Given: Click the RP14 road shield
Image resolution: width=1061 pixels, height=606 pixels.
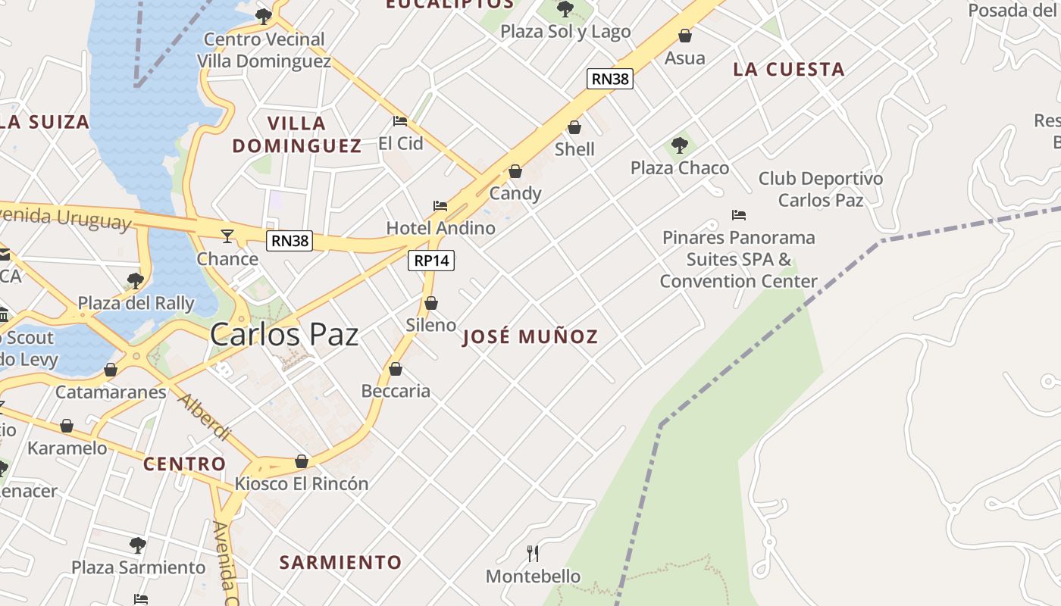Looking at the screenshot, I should [x=431, y=261].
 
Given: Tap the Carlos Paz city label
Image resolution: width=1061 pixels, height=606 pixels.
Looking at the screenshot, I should [x=284, y=334].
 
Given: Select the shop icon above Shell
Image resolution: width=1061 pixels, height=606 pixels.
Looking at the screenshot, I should [x=574, y=127].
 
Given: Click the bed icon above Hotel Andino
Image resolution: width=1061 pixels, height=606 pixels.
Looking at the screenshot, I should [x=440, y=206].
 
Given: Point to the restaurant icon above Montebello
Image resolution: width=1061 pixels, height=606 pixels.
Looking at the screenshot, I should [x=533, y=554].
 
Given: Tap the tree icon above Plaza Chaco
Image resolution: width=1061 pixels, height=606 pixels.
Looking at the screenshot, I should [x=680, y=145].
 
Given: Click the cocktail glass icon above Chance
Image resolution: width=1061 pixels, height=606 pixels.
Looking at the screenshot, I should [x=227, y=236].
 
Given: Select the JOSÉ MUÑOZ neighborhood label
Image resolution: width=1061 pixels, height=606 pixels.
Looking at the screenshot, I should [x=530, y=337].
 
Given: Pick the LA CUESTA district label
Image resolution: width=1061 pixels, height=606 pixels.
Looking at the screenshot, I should [x=788, y=70].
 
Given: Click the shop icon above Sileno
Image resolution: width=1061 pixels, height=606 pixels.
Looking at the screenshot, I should [x=431, y=303].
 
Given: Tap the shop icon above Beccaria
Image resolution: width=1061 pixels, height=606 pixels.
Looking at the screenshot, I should [x=395, y=369].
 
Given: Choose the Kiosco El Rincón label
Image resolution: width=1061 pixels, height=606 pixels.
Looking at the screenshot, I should [x=302, y=483].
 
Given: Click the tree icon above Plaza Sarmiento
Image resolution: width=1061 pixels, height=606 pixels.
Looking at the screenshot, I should [x=137, y=545].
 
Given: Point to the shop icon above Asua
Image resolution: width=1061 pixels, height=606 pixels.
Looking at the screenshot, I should [x=685, y=36].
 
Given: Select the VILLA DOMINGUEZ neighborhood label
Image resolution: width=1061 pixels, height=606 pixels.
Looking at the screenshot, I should [x=297, y=134].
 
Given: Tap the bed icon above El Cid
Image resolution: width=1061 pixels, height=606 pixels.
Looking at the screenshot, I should [x=400, y=121].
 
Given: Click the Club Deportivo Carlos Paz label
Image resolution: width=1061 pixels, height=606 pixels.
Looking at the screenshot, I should [x=821, y=189].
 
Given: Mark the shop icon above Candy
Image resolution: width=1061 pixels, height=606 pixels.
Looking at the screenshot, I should [x=515, y=171].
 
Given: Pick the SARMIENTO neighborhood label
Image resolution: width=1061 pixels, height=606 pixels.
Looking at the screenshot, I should [x=340, y=562].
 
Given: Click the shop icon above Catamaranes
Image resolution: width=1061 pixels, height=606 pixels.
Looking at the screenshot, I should [x=111, y=370].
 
